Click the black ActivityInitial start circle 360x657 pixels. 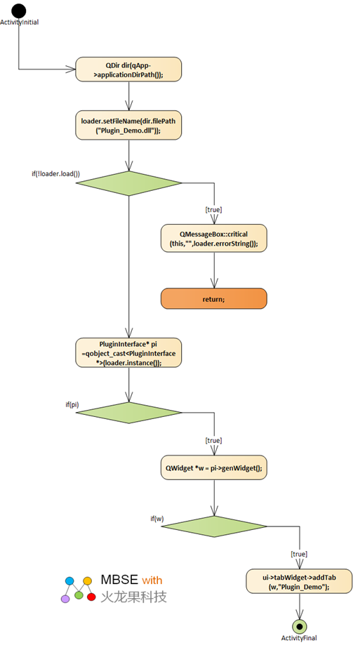(19, 11)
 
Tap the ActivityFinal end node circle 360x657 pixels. (299, 627)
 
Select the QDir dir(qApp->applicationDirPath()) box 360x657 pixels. (128, 69)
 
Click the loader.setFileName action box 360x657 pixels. (128, 125)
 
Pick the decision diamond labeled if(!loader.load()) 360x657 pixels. (128, 183)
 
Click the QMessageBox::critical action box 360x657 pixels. (214, 239)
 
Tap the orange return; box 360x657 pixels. (214, 299)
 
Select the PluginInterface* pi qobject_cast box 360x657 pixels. (128, 353)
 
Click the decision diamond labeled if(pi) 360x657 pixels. (128, 413)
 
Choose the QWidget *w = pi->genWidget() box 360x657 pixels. (214, 467)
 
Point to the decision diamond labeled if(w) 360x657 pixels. (214, 526)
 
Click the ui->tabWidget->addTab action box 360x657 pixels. (299, 582)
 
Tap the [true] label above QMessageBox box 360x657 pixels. (214, 209)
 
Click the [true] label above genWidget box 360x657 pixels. (214, 440)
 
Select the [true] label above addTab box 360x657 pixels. (299, 554)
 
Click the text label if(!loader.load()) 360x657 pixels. (55, 173)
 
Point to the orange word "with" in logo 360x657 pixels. (152, 580)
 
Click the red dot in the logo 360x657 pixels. (91, 597)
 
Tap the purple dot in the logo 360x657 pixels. (65, 599)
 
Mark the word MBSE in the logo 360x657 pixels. (119, 580)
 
